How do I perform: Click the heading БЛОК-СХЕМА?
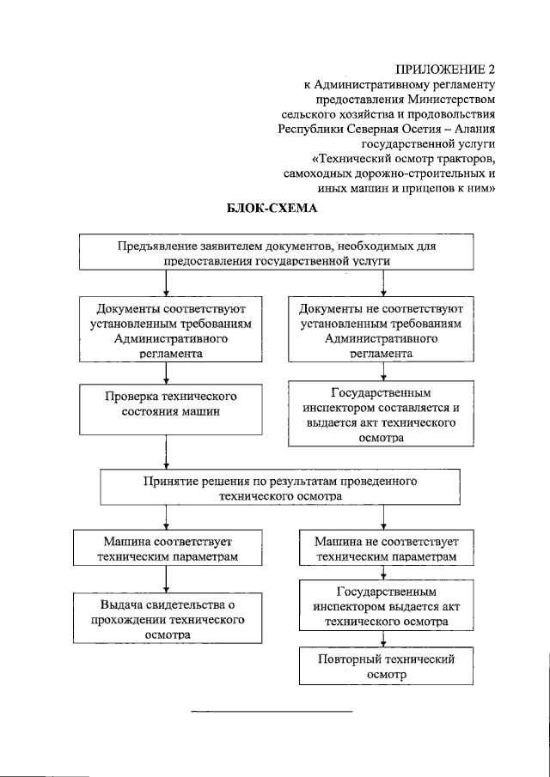pyautogui.click(x=271, y=209)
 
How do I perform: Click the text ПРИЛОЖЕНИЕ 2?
pyautogui.click(x=447, y=69)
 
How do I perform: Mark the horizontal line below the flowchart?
pyautogui.click(x=271, y=712)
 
